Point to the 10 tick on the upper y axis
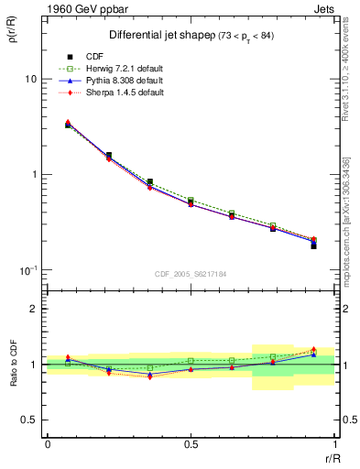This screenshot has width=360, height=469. (x=29, y=80)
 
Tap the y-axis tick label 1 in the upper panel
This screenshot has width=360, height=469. (x=32, y=174)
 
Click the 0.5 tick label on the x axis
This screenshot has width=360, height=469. (x=191, y=443)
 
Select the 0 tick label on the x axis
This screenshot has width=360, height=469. (x=48, y=443)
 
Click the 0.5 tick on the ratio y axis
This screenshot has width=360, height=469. (x=27, y=420)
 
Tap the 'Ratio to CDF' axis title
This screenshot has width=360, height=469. (x=13, y=364)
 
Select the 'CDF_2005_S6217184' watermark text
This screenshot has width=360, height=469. (x=191, y=274)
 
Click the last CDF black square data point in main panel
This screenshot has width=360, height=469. (x=313, y=245)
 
